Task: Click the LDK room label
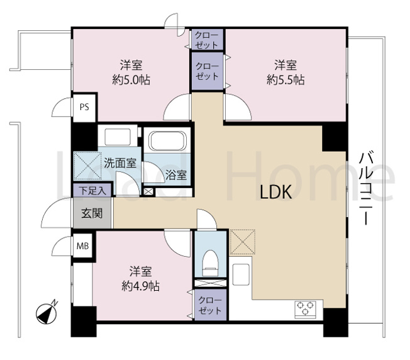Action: pos(275,193)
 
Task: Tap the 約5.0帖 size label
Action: pos(131,80)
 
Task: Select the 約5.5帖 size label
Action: pos(285,79)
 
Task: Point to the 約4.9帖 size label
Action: pos(141,286)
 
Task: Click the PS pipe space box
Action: pos(84,107)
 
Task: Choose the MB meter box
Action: pos(82,246)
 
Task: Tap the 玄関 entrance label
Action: pos(92,213)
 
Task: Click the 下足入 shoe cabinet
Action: pos(92,190)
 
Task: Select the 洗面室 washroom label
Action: pos(120,163)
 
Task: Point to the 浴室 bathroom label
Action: pos(176,174)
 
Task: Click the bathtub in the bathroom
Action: pos(167,141)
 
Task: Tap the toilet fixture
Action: pos(211,263)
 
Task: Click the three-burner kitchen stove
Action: pos(305,309)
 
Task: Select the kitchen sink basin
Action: pos(241,274)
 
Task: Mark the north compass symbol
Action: pos(47,313)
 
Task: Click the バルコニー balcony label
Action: pos(365,188)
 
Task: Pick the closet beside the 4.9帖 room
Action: pos(210,305)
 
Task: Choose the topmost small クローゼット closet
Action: pos(207,40)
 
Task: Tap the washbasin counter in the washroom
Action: pos(118,137)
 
